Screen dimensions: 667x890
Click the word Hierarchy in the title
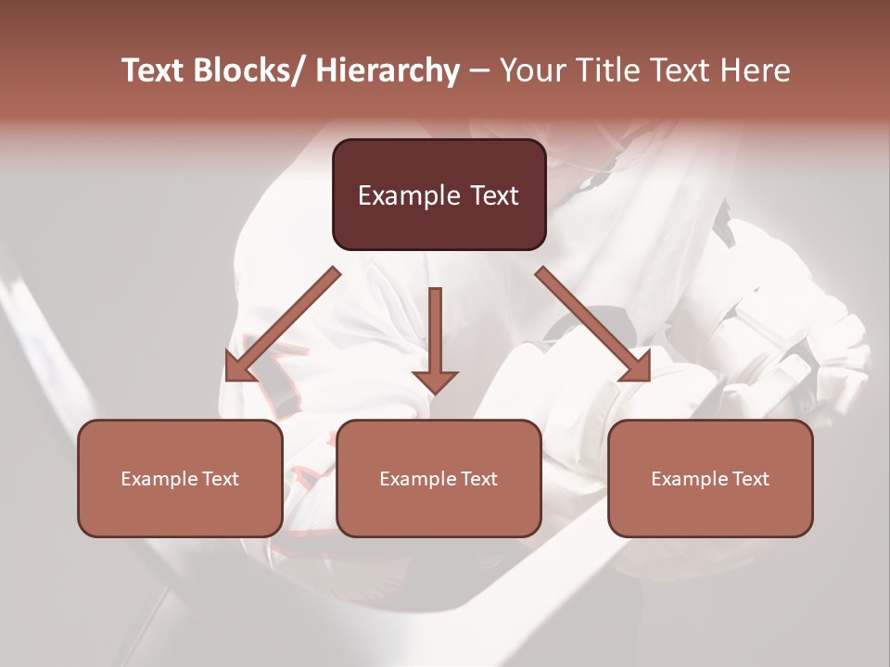388,71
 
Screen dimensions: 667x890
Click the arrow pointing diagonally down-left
287,321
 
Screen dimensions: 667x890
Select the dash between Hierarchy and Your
479,71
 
